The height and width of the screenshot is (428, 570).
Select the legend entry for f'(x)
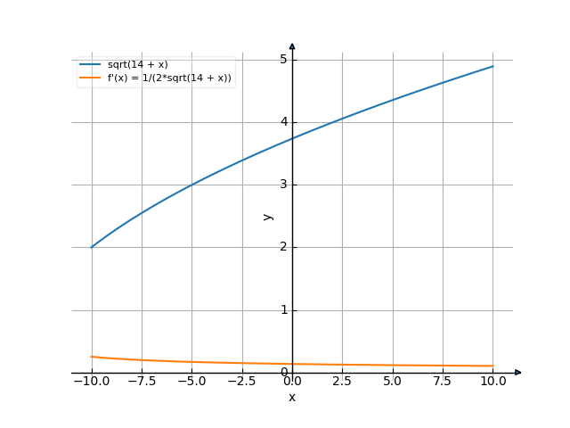coord(169,78)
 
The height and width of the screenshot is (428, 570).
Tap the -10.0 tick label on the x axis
coord(91,381)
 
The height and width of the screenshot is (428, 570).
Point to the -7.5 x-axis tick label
coord(142,381)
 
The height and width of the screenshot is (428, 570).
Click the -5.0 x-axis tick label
coord(192,381)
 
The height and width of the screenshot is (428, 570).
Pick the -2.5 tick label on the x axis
coord(242,381)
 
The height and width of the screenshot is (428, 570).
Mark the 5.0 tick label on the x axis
coord(393,381)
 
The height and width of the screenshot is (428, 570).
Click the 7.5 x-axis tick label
coord(443,381)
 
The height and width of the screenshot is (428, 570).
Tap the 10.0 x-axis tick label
coord(493,381)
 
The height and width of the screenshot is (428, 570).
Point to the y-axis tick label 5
coord(283,59)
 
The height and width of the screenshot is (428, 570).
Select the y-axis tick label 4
coord(283,122)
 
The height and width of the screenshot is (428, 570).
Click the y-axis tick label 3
coord(283,185)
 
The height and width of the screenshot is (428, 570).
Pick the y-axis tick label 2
coord(283,247)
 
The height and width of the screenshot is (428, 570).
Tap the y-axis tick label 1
coord(283,310)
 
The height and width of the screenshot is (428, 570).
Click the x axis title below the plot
coord(292,397)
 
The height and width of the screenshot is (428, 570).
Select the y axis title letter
coord(268,216)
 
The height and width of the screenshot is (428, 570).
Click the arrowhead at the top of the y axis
coord(292,45)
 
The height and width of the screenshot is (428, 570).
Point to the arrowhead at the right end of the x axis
coord(518,372)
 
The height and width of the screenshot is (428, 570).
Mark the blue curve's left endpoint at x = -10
coord(92,247)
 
